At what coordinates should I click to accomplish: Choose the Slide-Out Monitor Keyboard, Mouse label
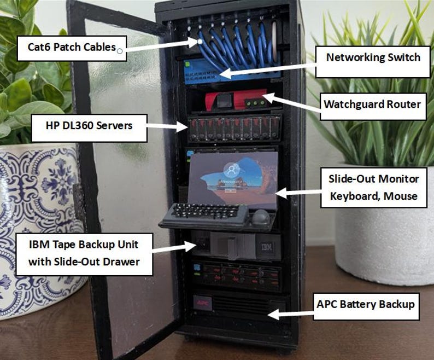pos(373,188)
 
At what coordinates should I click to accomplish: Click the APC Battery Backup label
pos(365,304)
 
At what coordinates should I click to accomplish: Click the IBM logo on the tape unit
pos(267,247)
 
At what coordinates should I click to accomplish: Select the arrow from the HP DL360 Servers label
pos(167,126)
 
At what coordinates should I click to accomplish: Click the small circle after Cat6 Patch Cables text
pos(120,50)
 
